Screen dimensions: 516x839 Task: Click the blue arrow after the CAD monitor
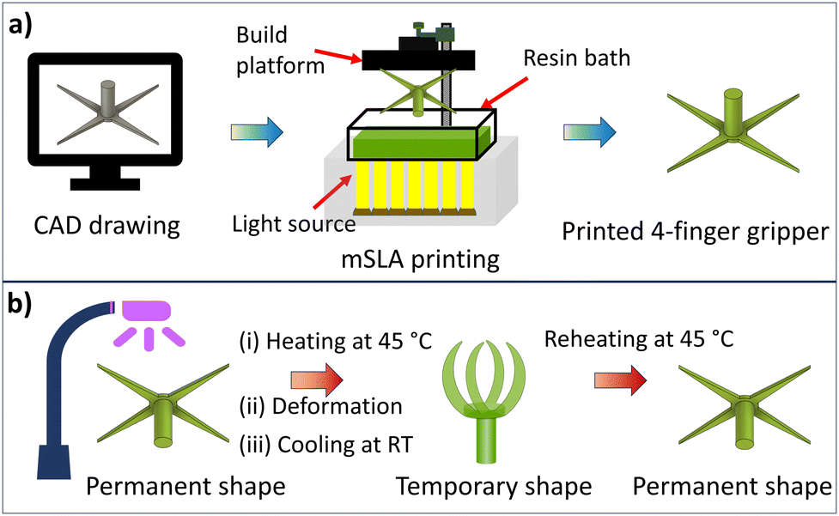(256, 133)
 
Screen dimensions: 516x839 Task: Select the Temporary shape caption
(494, 487)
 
